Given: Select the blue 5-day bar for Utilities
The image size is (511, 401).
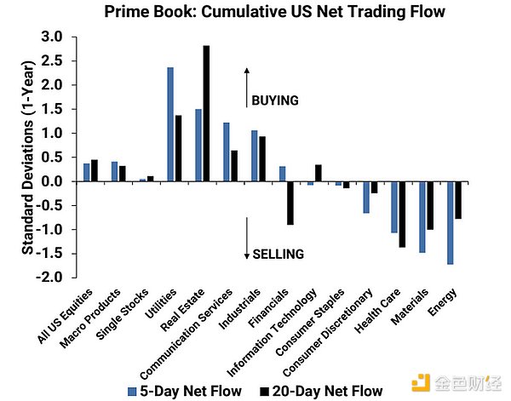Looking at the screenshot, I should pos(170,124).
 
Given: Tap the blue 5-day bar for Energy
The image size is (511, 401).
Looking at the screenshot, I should pos(449,222).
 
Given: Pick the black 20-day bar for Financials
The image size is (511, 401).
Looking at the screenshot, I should pos(290,203).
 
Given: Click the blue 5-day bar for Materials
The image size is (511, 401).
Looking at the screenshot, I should pos(421,216).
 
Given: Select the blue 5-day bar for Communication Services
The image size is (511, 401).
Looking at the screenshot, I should pos(227,152).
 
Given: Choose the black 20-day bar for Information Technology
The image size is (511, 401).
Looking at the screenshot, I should pos(318,173).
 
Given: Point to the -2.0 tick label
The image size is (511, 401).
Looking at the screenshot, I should pos(49,278).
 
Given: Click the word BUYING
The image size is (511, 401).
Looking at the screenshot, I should pos(275,100).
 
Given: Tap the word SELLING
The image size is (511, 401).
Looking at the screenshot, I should pos(278,254).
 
